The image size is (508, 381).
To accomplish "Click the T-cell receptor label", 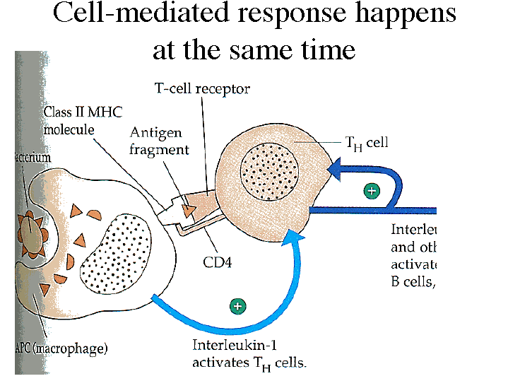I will [202, 89].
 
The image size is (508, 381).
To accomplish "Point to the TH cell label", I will [367, 143].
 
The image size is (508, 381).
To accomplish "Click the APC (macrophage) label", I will [61, 348].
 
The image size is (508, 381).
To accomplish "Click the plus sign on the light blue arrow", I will [238, 307].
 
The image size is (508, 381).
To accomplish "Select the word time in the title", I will [322, 49].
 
